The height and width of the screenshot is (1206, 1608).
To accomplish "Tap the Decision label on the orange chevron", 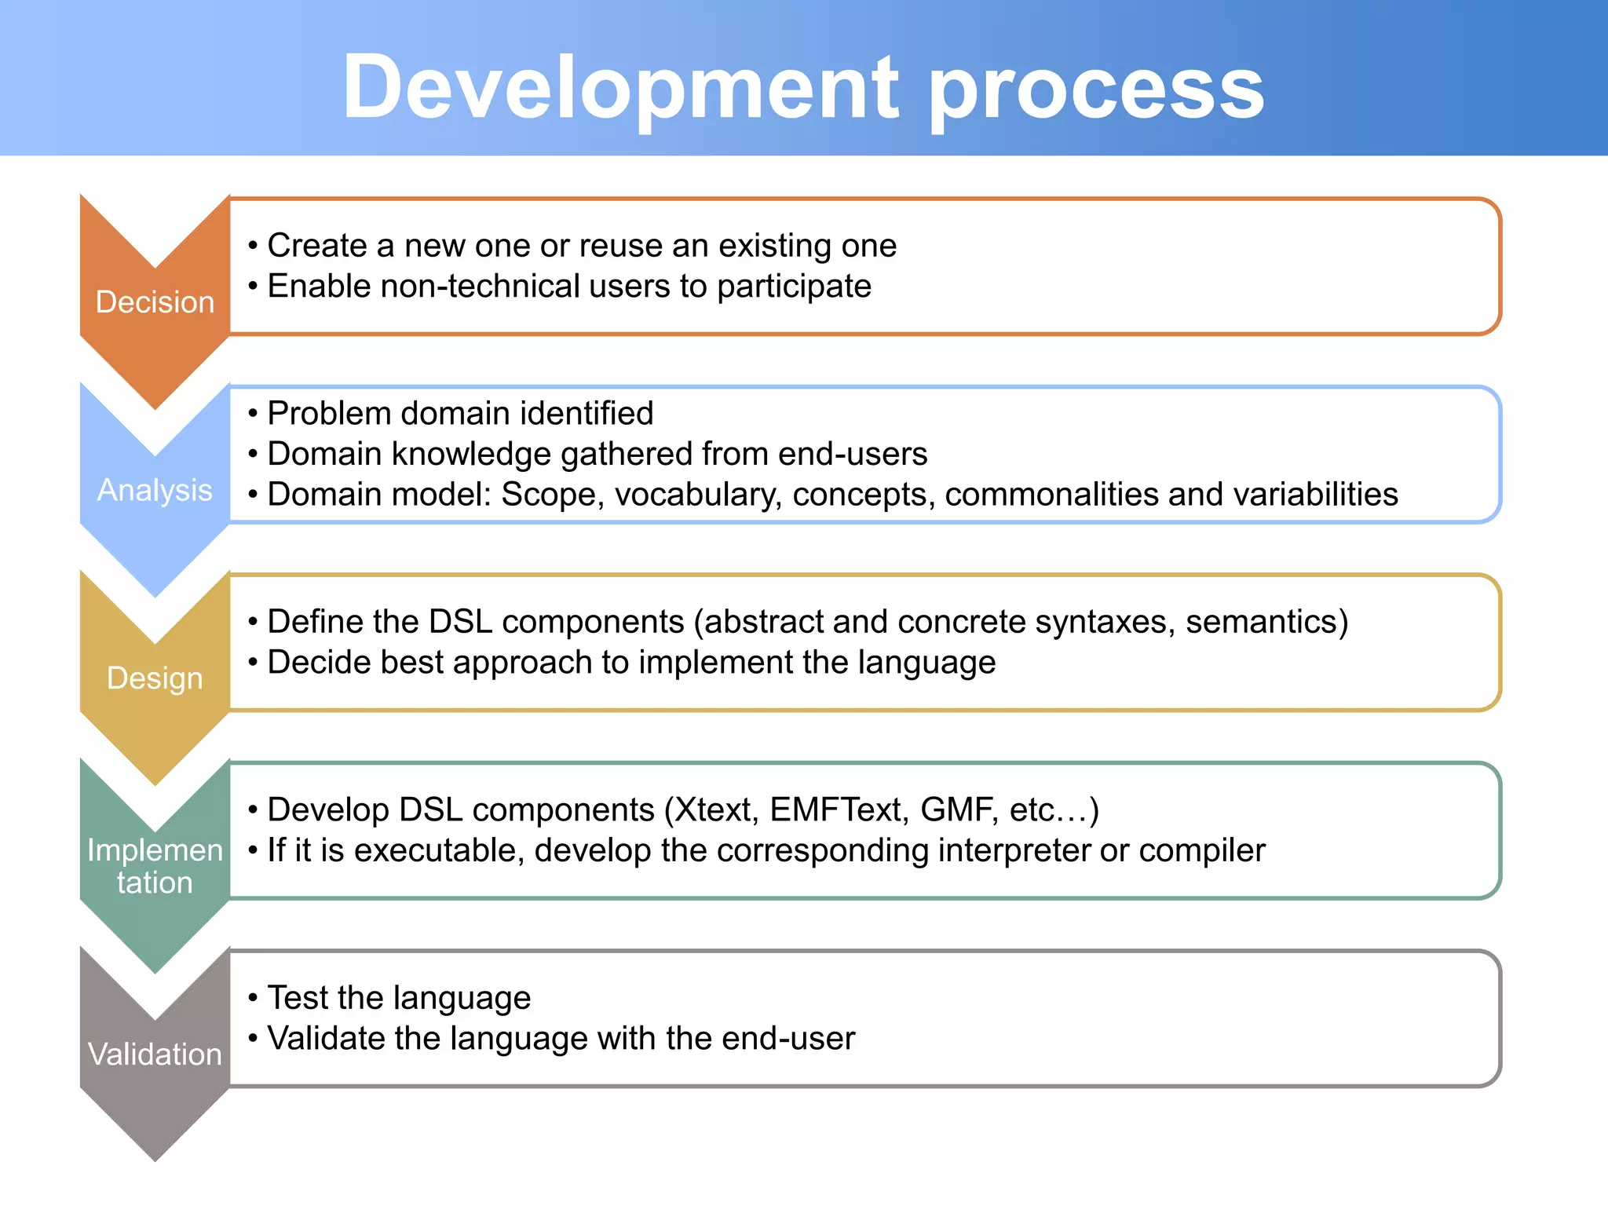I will click(155, 302).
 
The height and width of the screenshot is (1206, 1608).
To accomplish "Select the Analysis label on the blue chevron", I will click(155, 490).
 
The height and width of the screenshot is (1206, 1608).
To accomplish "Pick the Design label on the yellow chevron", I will click(155, 678).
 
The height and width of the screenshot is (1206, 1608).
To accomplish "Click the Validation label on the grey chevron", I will click(155, 1054).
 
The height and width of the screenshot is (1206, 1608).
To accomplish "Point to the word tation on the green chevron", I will click(155, 883).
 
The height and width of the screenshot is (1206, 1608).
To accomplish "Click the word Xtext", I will click(715, 810).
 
